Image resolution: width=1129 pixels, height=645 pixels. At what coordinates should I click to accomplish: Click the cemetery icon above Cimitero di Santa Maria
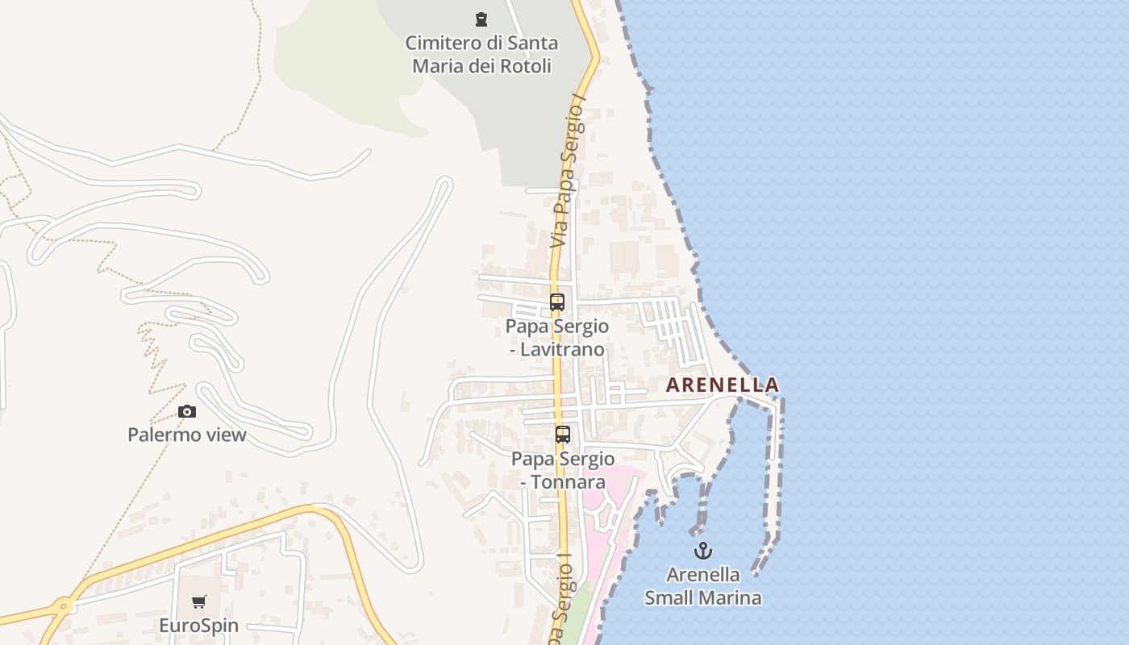click(x=481, y=19)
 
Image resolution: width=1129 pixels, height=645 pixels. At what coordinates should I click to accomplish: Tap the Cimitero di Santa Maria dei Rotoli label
click(x=481, y=54)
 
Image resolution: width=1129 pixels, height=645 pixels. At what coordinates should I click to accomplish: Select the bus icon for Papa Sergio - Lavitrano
click(x=557, y=302)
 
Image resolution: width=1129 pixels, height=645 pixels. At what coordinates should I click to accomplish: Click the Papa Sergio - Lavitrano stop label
click(x=557, y=338)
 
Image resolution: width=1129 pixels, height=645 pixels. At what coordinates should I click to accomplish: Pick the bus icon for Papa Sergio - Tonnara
click(x=563, y=435)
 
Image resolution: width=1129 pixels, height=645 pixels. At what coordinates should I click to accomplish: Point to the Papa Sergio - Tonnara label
click(x=563, y=470)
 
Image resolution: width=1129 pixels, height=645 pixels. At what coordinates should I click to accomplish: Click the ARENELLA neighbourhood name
click(x=723, y=385)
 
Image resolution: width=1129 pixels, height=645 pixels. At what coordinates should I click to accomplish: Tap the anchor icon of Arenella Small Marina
click(x=703, y=551)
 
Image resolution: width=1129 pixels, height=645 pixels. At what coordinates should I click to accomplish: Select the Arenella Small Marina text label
click(x=703, y=586)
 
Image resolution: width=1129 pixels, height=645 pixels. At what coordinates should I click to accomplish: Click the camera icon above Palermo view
click(x=187, y=412)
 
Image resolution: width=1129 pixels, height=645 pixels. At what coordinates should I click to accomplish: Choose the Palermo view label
click(x=187, y=435)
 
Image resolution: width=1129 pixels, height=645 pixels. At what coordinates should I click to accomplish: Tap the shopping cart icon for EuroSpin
click(x=198, y=601)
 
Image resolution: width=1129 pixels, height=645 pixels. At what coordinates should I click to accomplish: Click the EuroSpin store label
click(x=198, y=626)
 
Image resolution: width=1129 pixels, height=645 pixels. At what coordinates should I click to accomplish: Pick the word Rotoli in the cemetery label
click(x=525, y=66)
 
